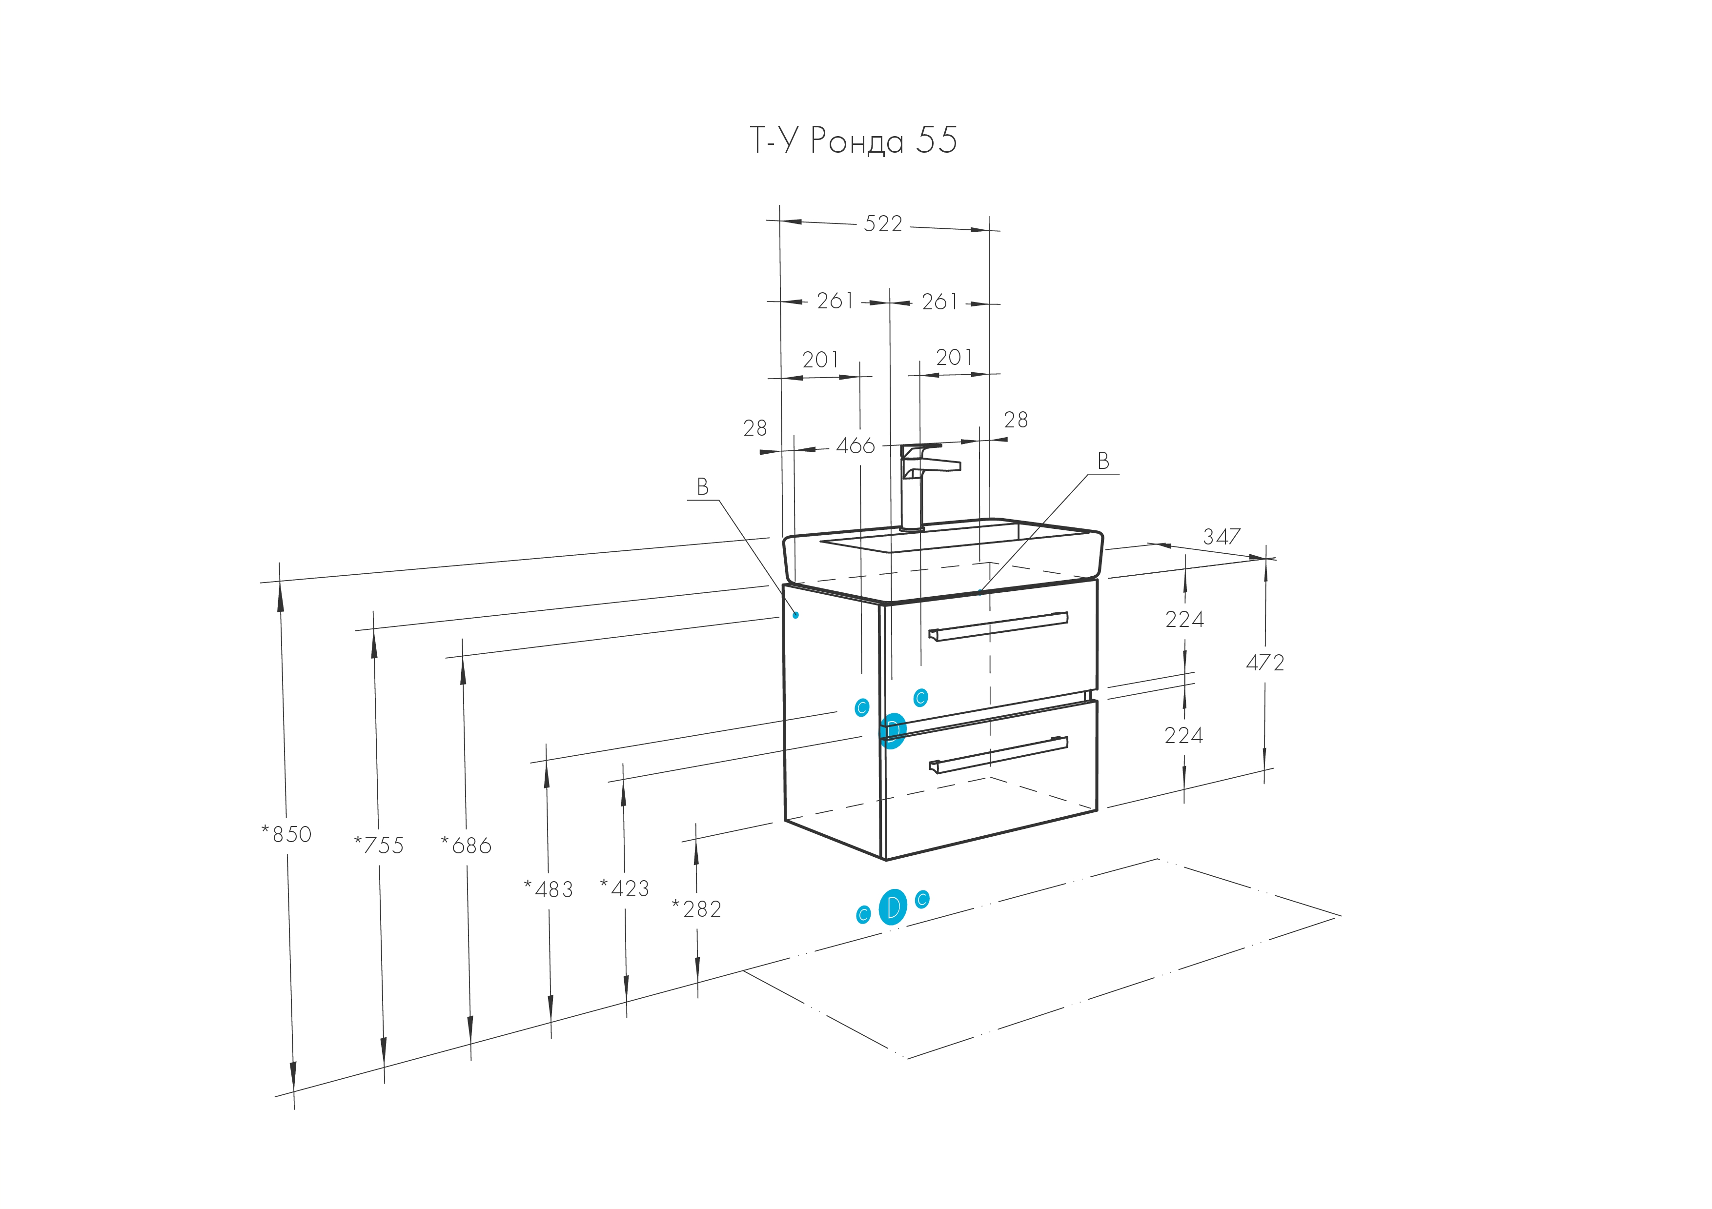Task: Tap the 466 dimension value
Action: coord(855,446)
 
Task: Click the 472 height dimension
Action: coord(1265,662)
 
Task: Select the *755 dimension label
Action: coord(379,845)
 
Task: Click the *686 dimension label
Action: coord(467,845)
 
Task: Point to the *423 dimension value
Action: coord(625,888)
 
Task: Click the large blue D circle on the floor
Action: coord(893,907)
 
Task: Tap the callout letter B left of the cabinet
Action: coord(702,487)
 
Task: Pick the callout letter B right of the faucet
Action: coord(1103,462)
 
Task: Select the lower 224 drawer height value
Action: coord(1184,736)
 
